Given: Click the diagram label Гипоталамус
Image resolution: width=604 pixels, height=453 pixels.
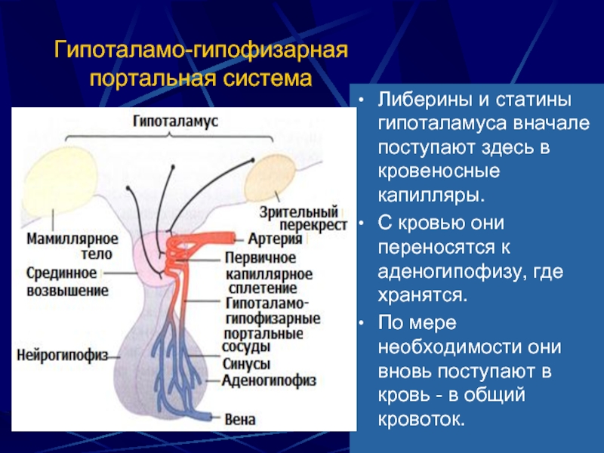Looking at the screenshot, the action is (176, 122).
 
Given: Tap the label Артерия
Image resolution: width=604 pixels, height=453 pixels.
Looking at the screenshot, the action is (275, 239).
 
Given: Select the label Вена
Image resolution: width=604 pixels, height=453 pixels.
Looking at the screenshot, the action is (240, 420).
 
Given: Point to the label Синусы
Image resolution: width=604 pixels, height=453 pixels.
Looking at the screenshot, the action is (247, 364).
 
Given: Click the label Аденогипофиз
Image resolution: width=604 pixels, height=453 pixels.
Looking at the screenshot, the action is (270, 381).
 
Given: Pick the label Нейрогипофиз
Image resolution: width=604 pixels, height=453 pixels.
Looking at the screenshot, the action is (63, 355).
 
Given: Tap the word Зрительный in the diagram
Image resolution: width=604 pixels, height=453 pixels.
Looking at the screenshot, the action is (298, 212).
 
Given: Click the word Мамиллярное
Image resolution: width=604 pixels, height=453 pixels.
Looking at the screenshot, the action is (72, 239).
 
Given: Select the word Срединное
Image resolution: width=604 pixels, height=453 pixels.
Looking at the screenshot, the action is (62, 273).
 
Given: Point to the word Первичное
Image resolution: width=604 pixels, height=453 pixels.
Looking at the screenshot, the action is (260, 257).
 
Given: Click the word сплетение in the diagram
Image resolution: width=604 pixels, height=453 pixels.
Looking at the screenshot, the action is (263, 288).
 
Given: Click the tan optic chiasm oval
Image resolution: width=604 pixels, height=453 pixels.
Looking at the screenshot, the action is (271, 178).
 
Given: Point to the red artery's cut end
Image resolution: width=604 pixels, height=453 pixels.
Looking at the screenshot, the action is (233, 238).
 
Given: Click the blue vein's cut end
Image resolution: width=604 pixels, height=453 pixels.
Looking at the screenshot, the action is (210, 417).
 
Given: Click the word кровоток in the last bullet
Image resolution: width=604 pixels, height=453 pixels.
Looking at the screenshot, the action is (421, 419).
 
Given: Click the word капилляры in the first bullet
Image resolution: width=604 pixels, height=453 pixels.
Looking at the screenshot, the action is (430, 196).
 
